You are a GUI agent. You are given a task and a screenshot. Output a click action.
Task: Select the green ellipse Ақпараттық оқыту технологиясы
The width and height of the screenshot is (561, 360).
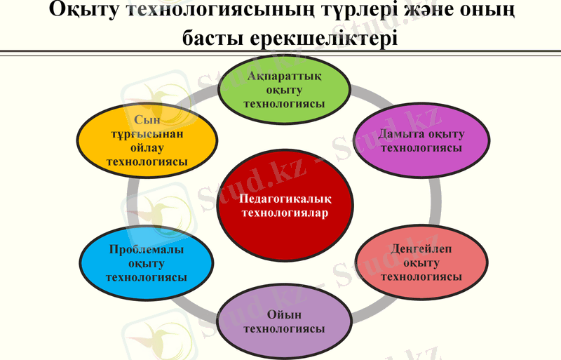[283, 90]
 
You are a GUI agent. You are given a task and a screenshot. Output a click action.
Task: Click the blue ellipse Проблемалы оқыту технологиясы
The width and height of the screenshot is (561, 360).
[146, 262]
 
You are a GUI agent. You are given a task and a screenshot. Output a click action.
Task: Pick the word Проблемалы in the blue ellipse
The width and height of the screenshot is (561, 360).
[146, 249]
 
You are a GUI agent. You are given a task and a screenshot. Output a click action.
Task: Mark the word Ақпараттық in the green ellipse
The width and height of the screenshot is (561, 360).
[283, 76]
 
